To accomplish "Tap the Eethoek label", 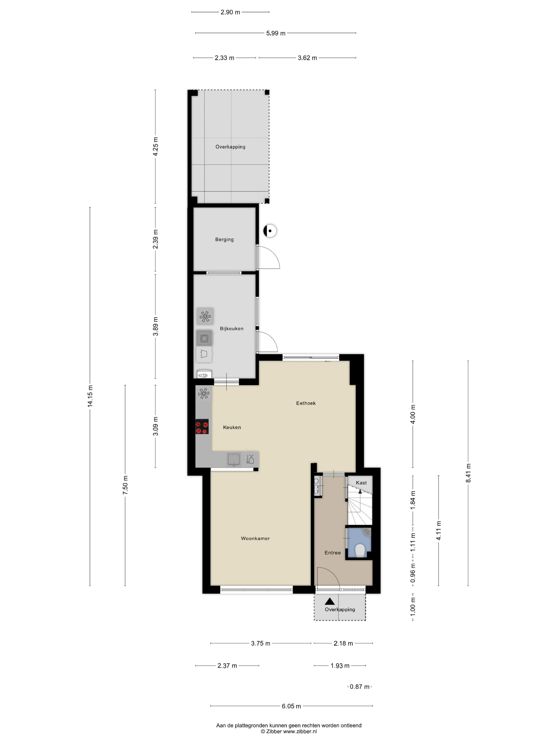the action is click(x=306, y=403).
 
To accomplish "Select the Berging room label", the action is click(x=224, y=240).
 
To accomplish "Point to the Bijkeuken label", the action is click(x=231, y=329).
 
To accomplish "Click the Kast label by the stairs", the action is click(x=361, y=483).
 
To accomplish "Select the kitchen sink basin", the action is click(x=233, y=459).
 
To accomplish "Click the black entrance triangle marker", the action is click(x=330, y=601).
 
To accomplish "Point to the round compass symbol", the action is click(x=270, y=231).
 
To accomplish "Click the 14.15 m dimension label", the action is click(x=90, y=396).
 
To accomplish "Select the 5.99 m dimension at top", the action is click(x=276, y=33).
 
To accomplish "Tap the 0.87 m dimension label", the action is click(x=360, y=686).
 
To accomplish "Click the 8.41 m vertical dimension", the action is click(x=468, y=473).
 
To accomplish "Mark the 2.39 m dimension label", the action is click(x=155, y=239).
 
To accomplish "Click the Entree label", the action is click(x=332, y=552).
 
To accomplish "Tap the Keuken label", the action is click(x=232, y=427).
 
